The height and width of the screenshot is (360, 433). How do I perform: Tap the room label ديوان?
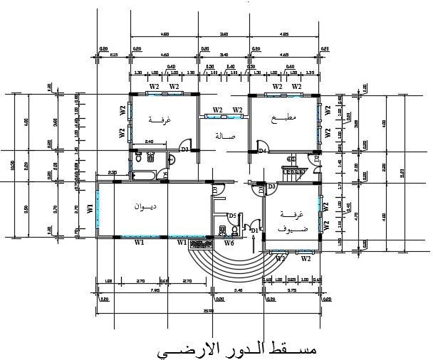click(x=145, y=206)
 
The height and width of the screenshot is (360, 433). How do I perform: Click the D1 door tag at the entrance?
click(x=254, y=230)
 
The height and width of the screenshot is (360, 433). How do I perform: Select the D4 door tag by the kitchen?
click(x=261, y=151)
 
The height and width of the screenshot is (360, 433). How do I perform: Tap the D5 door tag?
click(x=232, y=216)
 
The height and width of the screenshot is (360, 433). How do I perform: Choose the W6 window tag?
click(x=229, y=243)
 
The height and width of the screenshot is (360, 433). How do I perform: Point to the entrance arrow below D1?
click(x=251, y=243)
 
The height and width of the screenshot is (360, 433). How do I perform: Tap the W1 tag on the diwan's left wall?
click(x=90, y=208)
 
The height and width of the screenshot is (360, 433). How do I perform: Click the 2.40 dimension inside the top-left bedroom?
click(x=150, y=142)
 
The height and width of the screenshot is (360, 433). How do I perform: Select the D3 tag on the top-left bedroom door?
click(x=184, y=149)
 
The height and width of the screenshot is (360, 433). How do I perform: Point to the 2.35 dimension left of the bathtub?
click(x=113, y=172)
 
